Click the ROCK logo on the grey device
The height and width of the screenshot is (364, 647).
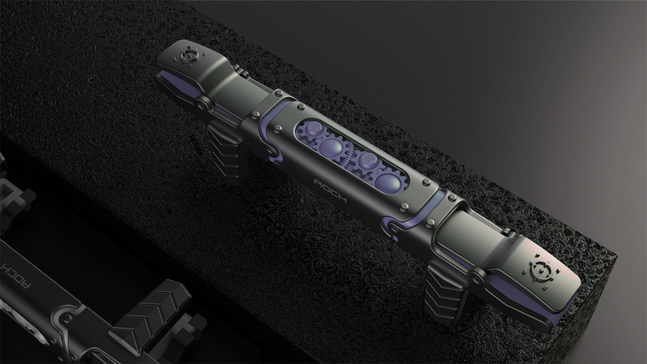pos(330,191)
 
